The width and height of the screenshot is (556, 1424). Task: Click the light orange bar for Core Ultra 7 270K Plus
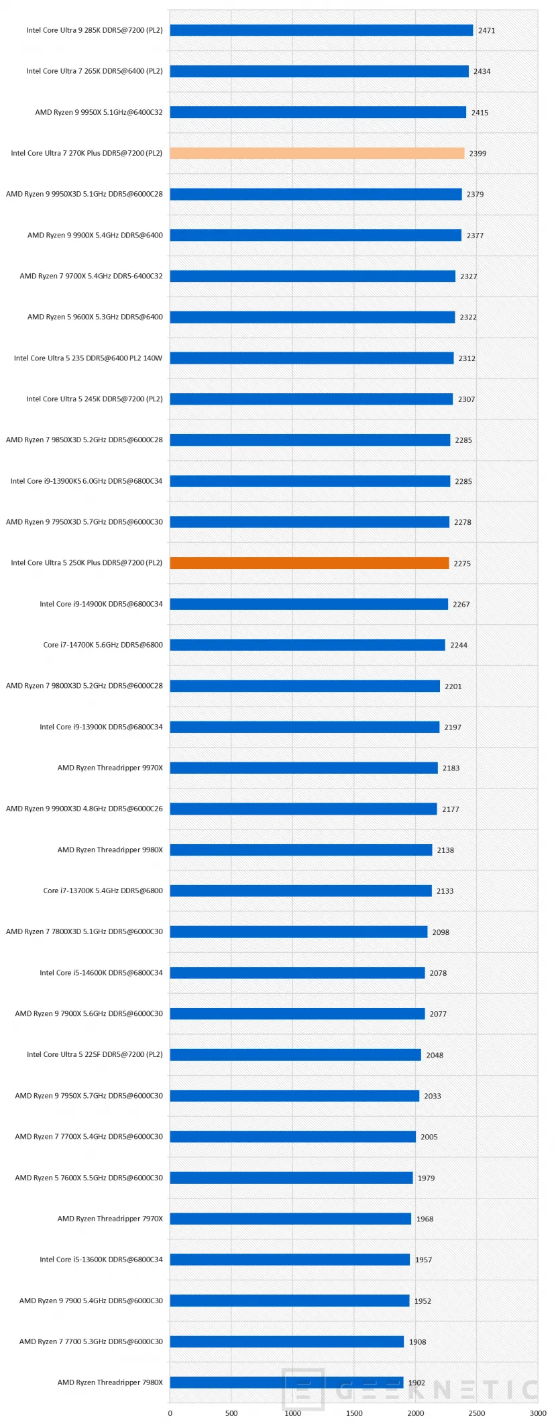(317, 153)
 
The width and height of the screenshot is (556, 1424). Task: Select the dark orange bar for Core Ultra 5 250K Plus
(309, 563)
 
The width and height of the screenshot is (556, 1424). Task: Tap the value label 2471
(486, 30)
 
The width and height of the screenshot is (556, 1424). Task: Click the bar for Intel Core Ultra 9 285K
(321, 30)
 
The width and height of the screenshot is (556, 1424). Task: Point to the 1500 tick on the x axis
(354, 1413)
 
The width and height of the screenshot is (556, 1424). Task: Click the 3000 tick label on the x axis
(538, 1413)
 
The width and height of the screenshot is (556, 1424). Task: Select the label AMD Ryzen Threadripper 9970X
(110, 768)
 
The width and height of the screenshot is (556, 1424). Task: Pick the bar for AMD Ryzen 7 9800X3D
(304, 686)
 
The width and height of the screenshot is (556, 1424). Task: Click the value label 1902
(416, 1382)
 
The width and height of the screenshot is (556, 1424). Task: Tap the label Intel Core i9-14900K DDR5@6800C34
(101, 604)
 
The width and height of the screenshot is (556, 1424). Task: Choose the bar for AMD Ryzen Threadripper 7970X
(290, 1219)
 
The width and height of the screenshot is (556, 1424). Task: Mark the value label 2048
(435, 1055)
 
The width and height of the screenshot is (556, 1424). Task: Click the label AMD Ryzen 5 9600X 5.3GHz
(95, 317)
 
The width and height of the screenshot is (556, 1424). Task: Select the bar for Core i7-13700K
(300, 891)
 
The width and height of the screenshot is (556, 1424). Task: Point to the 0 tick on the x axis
(170, 1413)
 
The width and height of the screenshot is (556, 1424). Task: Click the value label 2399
(478, 153)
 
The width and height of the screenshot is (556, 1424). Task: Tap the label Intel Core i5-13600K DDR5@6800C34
(101, 1260)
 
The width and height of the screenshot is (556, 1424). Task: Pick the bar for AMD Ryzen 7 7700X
(292, 1137)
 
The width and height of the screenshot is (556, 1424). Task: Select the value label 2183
(451, 768)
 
